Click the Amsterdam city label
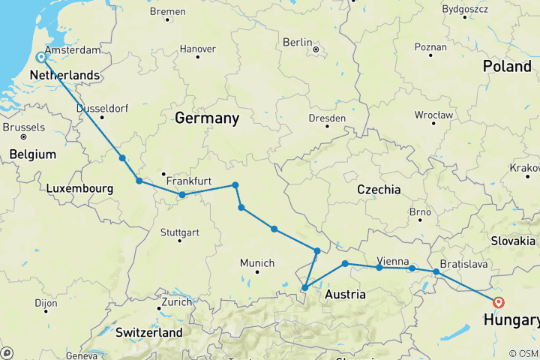pos(73,49)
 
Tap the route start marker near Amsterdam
pos(41,57)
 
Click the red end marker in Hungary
pos(498,303)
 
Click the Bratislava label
pos(464,264)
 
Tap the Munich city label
pos(257,262)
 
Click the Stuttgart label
pos(179,232)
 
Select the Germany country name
pos(207,118)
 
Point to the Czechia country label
pos(379,190)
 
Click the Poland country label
pos(507,66)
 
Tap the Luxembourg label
pos(79,189)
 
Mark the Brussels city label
pos(23,127)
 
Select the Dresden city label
pos(327,118)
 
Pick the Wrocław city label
pos(434,115)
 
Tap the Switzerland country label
pos(148,331)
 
